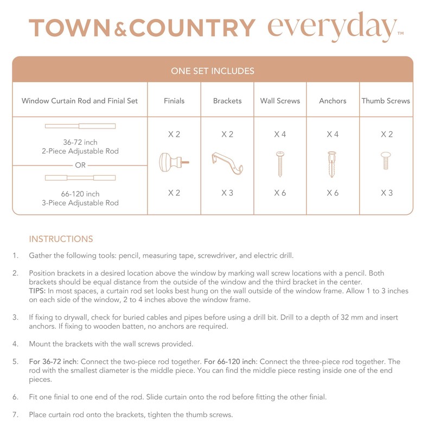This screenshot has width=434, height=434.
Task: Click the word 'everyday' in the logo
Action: pyautogui.click(x=332, y=27)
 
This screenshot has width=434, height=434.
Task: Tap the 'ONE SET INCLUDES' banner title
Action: pyautogui.click(x=213, y=71)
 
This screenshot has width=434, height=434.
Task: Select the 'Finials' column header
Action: pyautogui.click(x=174, y=101)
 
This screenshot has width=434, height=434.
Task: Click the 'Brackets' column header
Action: pyautogui.click(x=227, y=101)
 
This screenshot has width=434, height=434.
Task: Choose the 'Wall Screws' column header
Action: pyautogui.click(x=280, y=101)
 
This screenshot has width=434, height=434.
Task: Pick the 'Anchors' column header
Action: pyautogui.click(x=333, y=101)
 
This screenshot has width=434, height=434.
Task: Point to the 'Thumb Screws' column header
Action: pyautogui.click(x=386, y=101)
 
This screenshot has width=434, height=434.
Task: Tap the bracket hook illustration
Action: pyautogui.click(x=227, y=162)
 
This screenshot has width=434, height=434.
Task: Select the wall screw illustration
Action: pyautogui.click(x=280, y=163)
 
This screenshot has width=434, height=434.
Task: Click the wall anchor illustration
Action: pyautogui.click(x=332, y=164)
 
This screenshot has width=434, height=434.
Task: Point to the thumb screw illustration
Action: pyautogui.click(x=386, y=161)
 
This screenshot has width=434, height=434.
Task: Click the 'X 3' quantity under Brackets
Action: pyautogui.click(x=227, y=193)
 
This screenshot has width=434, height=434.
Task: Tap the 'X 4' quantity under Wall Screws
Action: pyautogui.click(x=280, y=134)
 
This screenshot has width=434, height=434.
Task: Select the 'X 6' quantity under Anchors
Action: pyautogui.click(x=333, y=193)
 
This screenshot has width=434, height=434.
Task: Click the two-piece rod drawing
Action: pyautogui.click(x=80, y=126)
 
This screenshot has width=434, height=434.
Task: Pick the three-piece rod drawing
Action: pyautogui.click(x=80, y=177)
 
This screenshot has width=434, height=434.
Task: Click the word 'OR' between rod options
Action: pyautogui.click(x=80, y=165)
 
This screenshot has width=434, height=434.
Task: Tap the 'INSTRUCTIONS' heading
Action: pyautogui.click(x=61, y=239)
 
